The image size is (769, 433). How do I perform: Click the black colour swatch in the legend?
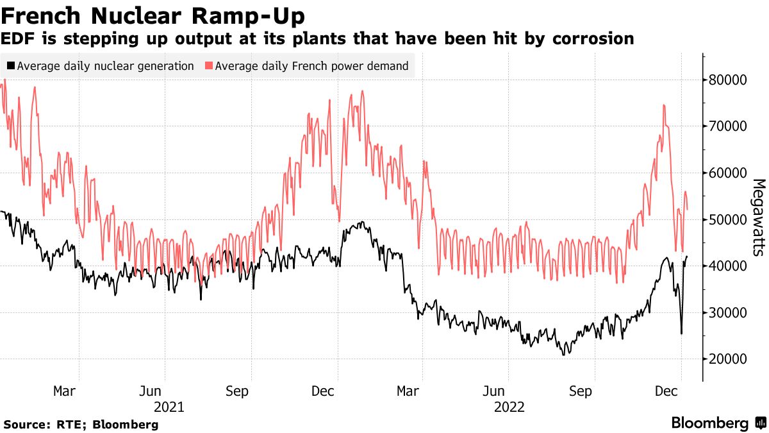coord(11,65)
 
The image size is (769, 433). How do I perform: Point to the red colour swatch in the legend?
coord(209,65)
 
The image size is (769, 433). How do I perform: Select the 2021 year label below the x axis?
coord(169,407)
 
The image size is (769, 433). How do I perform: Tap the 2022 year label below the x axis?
coord(509,407)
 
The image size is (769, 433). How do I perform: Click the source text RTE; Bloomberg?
coord(81,425)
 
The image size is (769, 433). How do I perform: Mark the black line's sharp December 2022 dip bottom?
coord(681,334)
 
